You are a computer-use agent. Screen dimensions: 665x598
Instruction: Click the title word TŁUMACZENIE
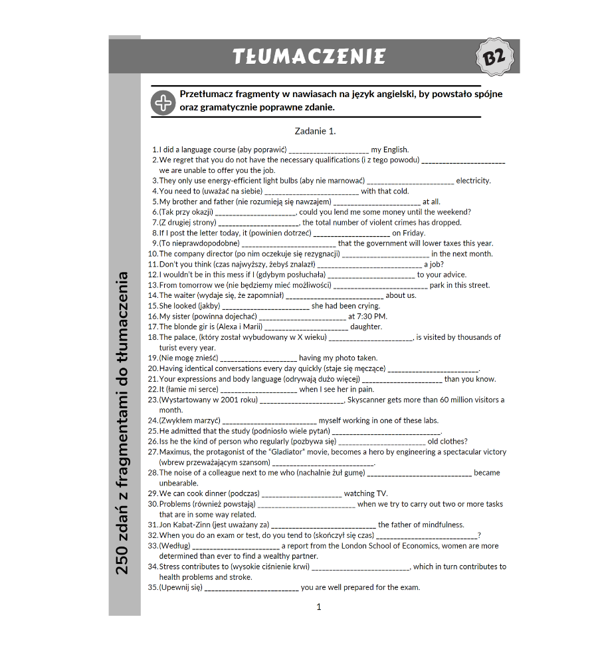[x=309, y=57]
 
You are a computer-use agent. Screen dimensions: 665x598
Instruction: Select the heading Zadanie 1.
[x=315, y=131]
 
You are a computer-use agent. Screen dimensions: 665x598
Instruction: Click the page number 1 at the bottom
[x=319, y=606]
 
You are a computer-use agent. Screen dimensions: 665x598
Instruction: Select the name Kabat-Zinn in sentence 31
[x=191, y=525]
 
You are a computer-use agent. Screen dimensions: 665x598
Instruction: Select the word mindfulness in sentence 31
[x=443, y=525]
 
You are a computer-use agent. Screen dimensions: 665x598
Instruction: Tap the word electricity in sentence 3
[x=473, y=181]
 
